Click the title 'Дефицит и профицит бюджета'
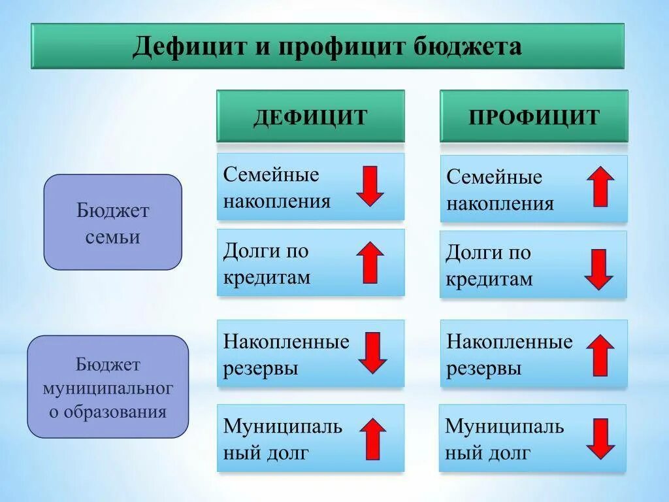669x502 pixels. [327, 47]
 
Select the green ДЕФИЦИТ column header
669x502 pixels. [310, 117]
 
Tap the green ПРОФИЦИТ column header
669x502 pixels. [534, 117]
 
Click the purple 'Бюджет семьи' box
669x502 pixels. [112, 223]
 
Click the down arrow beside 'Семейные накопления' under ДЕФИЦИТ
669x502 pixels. [370, 186]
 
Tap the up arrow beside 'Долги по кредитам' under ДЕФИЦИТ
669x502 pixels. [370, 262]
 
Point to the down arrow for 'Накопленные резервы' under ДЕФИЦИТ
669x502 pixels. [372, 352]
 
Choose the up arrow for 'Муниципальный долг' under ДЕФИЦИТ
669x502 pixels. [372, 438]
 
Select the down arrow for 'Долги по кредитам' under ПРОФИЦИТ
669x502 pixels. [598, 269]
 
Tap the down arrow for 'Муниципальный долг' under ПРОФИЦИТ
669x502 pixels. [600, 439]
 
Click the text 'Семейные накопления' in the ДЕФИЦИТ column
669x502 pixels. [277, 188]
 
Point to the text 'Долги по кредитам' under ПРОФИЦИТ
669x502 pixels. [489, 266]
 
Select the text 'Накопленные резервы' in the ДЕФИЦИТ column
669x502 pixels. [286, 354]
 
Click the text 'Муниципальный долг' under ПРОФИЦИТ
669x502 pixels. [504, 439]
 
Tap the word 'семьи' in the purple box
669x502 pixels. [112, 237]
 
